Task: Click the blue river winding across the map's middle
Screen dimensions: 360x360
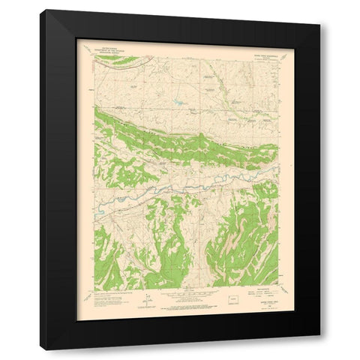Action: [x=187, y=182]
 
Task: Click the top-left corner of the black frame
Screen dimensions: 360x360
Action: [x=42, y=10]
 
